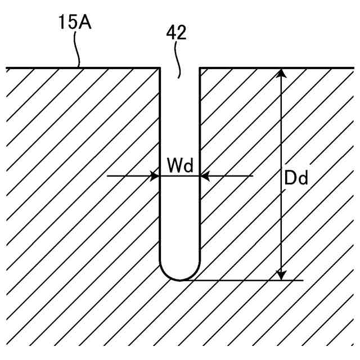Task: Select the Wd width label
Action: pos(180,166)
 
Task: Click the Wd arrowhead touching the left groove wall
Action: pos(155,176)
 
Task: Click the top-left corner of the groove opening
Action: pos(161,68)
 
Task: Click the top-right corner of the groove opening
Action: pos(200,68)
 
